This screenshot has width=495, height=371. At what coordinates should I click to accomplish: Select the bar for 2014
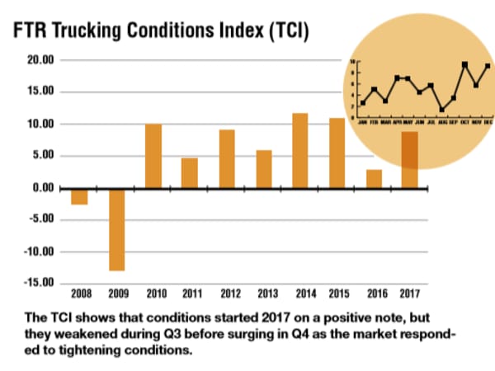tap(300, 151)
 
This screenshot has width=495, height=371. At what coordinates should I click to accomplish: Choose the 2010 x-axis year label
tap(153, 294)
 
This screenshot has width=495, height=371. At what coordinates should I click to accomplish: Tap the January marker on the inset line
tap(363, 103)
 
